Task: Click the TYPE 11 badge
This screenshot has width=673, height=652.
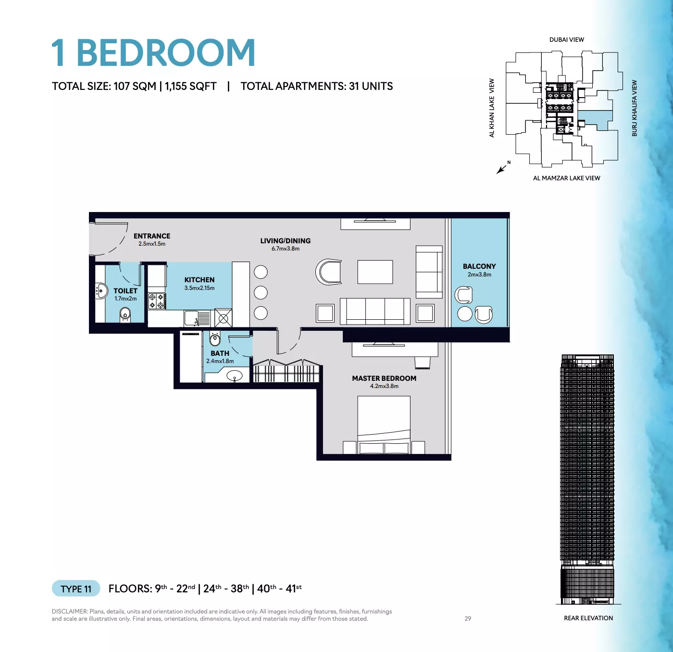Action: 76,589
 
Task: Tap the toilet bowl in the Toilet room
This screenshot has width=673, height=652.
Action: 125,315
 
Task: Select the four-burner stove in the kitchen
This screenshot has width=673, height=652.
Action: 157,301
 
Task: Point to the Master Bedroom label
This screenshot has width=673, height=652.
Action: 384,378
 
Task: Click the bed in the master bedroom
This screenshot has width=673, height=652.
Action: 384,425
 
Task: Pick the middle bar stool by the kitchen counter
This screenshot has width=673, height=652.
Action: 261,293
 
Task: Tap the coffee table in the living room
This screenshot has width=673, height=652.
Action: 375,272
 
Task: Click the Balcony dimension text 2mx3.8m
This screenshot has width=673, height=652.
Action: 479,274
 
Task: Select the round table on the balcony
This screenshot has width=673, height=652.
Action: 464,313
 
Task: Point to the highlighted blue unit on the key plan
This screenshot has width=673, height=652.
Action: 595,120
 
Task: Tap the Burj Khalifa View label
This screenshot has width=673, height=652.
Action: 634,108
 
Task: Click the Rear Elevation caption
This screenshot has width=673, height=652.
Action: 588,618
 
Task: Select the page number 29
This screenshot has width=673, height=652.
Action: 468,618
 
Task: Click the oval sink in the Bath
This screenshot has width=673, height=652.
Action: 235,376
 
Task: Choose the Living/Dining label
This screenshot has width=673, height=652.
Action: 286,241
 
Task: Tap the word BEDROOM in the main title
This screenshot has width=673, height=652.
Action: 166,52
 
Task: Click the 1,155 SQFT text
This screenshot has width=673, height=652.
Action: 190,86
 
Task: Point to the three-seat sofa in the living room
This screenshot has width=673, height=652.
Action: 375,311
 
